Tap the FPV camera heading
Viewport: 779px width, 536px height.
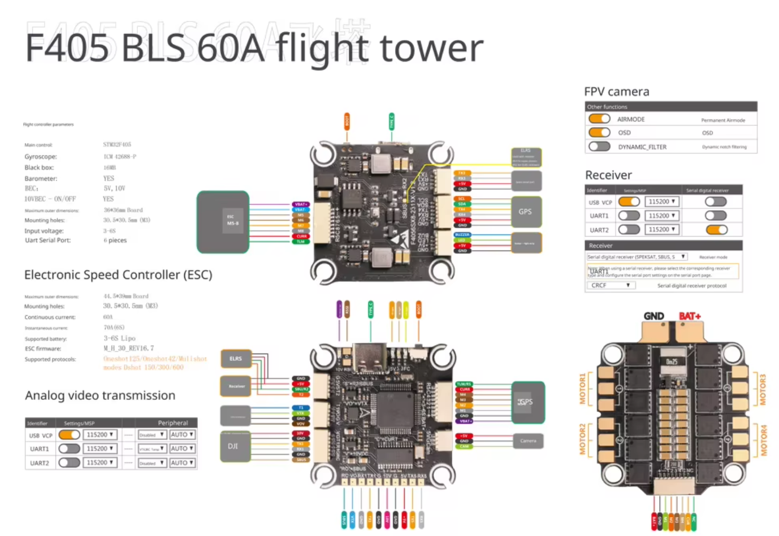pyautogui.click(x=616, y=91)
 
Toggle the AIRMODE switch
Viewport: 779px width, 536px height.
pyautogui.click(x=599, y=119)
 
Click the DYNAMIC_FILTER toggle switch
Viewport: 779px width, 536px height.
pyautogui.click(x=599, y=147)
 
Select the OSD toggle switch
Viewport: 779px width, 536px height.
pyautogui.click(x=599, y=132)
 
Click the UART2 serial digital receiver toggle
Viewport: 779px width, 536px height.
pyautogui.click(x=716, y=229)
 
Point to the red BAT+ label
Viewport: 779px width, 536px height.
pyautogui.click(x=690, y=316)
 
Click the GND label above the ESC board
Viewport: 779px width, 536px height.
pyautogui.click(x=654, y=316)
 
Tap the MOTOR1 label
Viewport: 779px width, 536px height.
pyautogui.click(x=583, y=388)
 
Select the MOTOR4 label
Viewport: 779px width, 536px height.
pyautogui.click(x=764, y=441)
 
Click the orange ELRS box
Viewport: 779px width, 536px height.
pyautogui.click(x=236, y=359)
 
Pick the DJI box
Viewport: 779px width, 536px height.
pyautogui.click(x=233, y=446)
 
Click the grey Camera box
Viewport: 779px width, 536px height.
pyautogui.click(x=528, y=441)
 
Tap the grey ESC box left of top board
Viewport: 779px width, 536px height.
pyautogui.click(x=223, y=221)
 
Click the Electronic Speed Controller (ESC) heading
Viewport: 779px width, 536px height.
pyautogui.click(x=118, y=275)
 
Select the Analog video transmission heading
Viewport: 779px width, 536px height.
pyautogui.click(x=100, y=395)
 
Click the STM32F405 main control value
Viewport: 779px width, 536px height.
pyautogui.click(x=117, y=145)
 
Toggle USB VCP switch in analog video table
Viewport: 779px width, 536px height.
pyautogui.click(x=69, y=434)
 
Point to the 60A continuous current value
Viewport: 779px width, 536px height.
pyautogui.click(x=108, y=317)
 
